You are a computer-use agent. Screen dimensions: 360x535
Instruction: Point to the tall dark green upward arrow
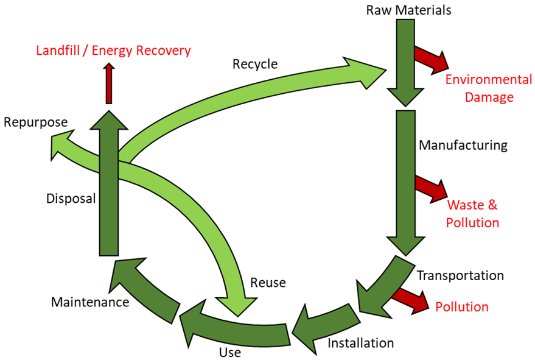tap(109, 195)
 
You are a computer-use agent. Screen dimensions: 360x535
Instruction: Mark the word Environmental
tap(489, 80)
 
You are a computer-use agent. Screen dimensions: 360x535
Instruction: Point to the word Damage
tap(489, 97)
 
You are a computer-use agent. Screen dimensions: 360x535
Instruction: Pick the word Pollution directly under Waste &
tap(473, 222)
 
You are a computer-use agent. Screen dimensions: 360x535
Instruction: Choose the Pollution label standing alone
tap(462, 306)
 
